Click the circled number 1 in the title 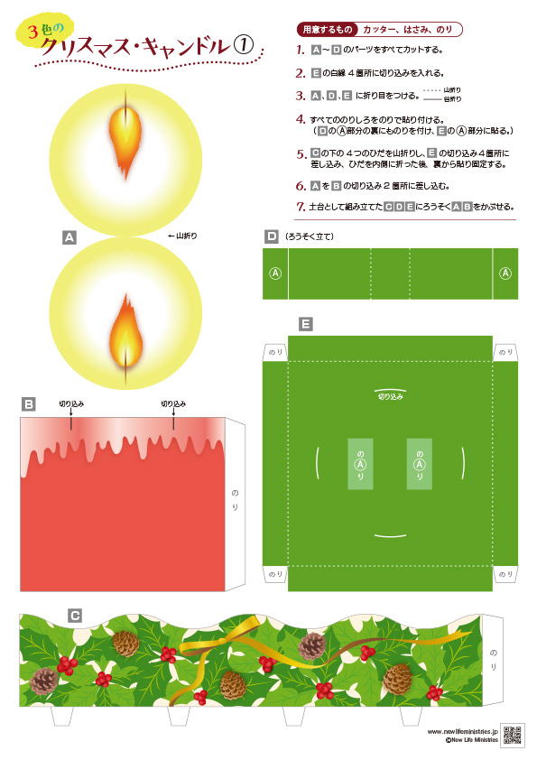(x=244, y=45)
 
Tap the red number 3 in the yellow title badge (x=32, y=32)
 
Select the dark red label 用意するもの (x=327, y=30)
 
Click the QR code (x=512, y=735)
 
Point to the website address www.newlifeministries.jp (x=462, y=731)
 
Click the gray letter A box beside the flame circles (x=69, y=237)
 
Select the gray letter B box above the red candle (x=29, y=403)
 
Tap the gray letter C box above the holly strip (x=75, y=616)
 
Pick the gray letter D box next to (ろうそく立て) (x=272, y=236)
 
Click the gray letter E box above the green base (x=306, y=324)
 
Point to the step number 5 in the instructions (x=301, y=154)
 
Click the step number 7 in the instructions (x=301, y=207)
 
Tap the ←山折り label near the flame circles (x=182, y=236)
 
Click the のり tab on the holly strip (x=494, y=660)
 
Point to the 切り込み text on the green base (x=391, y=396)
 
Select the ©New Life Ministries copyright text (x=472, y=740)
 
